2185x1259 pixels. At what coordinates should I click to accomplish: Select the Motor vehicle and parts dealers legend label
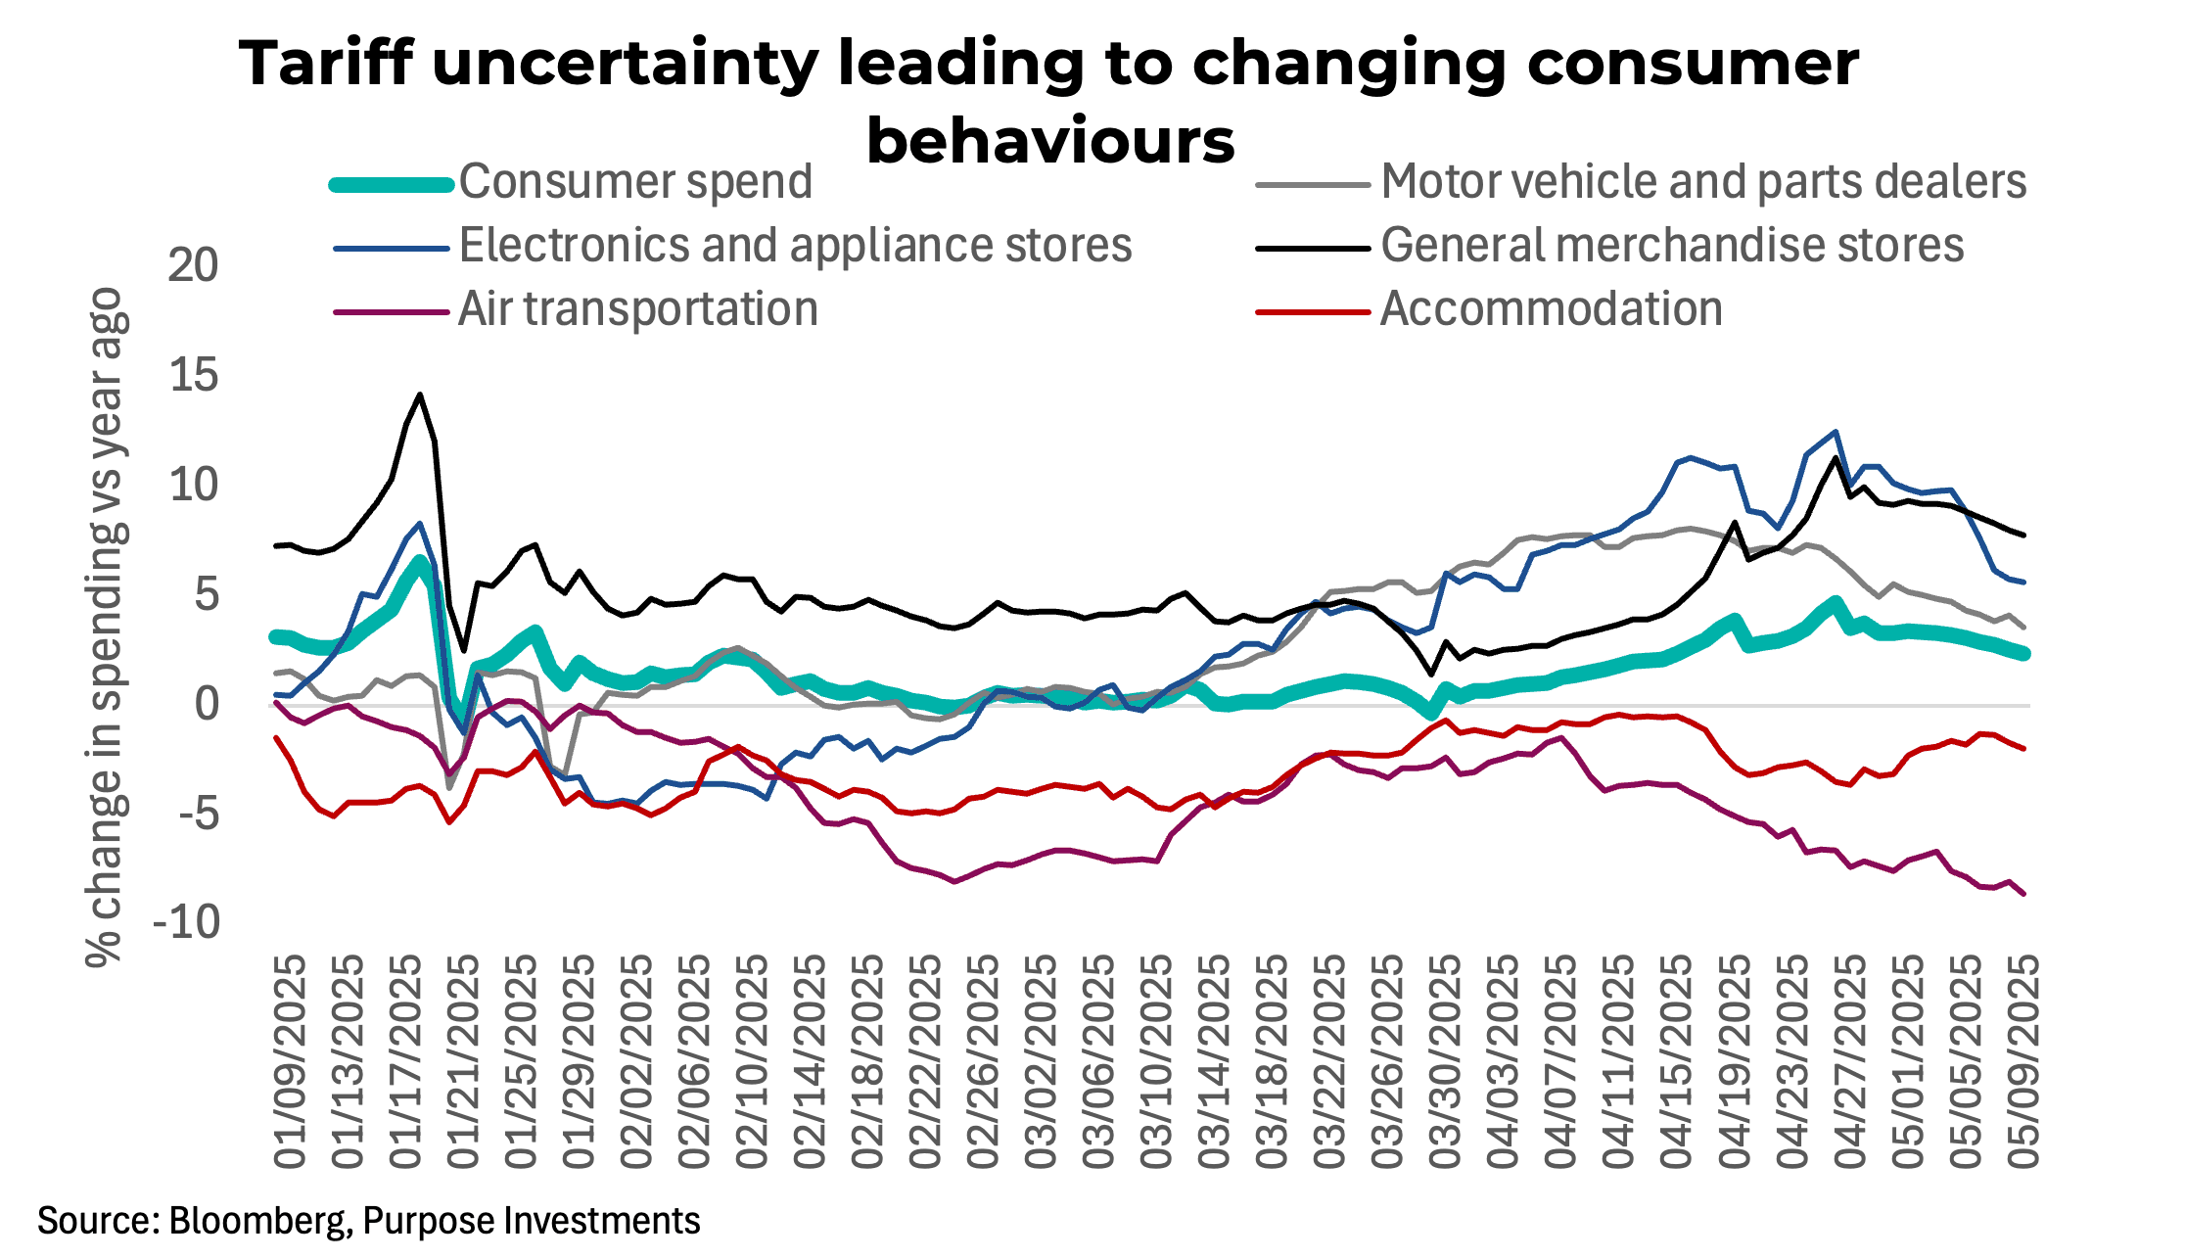(x=1702, y=182)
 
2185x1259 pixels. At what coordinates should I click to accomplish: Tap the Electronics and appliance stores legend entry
(x=795, y=246)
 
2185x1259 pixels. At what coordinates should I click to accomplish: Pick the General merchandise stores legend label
(x=1671, y=246)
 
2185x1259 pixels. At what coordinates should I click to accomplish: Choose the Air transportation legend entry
(x=637, y=309)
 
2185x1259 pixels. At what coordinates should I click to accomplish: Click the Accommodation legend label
(x=1551, y=309)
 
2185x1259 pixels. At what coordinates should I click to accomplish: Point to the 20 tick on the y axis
(x=193, y=265)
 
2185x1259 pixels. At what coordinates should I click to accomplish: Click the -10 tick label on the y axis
(x=186, y=922)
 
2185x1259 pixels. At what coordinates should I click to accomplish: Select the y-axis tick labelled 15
(x=193, y=375)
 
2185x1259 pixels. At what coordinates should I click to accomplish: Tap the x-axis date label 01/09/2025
(x=291, y=1061)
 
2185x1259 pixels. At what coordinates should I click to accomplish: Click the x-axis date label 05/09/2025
(x=2023, y=1061)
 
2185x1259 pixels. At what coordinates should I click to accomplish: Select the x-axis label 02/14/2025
(x=811, y=1061)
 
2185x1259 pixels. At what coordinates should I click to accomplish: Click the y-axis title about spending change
(x=106, y=627)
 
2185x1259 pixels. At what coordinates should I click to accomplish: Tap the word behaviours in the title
(x=1050, y=141)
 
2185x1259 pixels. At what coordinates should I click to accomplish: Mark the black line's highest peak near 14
(x=420, y=395)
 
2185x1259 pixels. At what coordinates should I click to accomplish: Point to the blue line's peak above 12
(x=1835, y=432)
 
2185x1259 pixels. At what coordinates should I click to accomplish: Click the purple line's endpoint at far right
(x=2022, y=893)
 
